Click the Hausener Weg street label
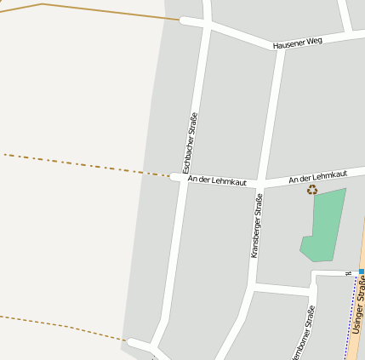pos(298,42)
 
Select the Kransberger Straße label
pos(256,225)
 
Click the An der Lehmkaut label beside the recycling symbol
pos(317,176)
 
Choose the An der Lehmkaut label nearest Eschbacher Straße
pos(217,180)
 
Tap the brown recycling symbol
pos(312,190)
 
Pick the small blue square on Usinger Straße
pos(362,271)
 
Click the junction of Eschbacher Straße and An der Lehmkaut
pos(185,178)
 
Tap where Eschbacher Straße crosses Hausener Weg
pos(206,23)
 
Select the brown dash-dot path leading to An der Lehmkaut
pos(85,164)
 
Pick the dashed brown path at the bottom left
pos(60,325)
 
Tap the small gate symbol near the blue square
pos(348,273)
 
